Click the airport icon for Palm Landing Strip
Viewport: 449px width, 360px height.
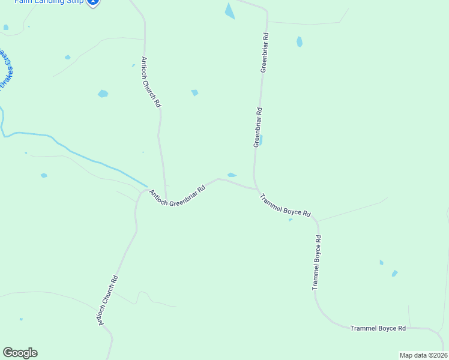click(x=92, y=2)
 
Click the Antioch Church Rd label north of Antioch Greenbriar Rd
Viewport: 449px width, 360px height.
click(x=151, y=82)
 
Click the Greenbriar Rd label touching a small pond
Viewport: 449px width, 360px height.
click(x=258, y=127)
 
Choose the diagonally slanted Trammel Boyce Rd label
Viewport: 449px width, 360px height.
click(x=285, y=205)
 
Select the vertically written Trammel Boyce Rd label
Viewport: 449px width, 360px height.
click(x=316, y=263)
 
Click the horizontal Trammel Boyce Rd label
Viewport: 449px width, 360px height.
click(x=378, y=328)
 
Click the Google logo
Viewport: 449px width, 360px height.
click(x=20, y=353)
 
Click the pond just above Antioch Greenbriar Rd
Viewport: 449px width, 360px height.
click(x=232, y=175)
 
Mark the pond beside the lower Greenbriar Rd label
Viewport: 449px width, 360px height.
click(x=261, y=140)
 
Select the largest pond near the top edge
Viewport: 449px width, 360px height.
click(x=229, y=11)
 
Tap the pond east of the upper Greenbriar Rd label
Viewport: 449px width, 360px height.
click(x=299, y=42)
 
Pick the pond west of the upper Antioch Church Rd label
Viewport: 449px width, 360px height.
click(x=103, y=94)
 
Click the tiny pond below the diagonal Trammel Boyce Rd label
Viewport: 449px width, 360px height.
click(x=291, y=220)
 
